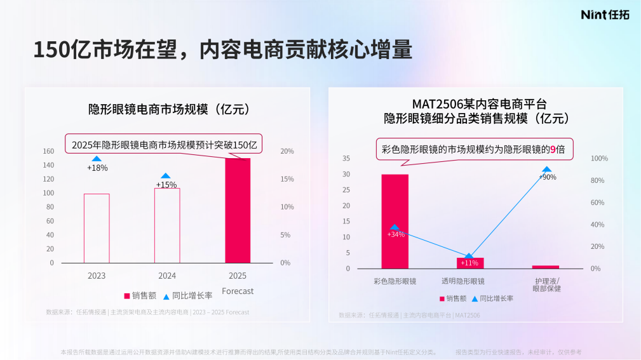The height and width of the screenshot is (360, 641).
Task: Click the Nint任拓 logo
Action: tap(605, 15)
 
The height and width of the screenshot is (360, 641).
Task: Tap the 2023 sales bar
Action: tap(97, 228)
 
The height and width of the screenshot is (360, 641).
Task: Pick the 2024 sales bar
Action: tap(167, 225)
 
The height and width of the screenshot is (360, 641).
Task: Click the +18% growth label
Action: tap(97, 168)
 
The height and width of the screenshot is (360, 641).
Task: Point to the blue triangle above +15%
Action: tap(166, 176)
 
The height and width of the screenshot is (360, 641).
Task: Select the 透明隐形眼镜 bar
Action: tap(470, 263)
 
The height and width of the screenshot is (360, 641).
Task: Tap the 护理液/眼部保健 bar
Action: tap(546, 267)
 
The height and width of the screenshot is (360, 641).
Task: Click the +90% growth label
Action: tap(547, 177)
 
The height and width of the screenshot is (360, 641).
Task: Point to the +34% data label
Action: tap(396, 234)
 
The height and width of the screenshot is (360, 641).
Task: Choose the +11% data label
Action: tap(469, 263)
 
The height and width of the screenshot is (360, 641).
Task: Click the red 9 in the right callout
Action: tap(552, 150)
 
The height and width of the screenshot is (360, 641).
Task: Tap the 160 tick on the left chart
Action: tap(48, 151)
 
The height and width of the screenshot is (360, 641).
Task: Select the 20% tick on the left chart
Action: tap(287, 151)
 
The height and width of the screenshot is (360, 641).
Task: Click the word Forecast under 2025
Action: tap(238, 291)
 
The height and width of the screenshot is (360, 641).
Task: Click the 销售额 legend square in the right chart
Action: tap(442, 298)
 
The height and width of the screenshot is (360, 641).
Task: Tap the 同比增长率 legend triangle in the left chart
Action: tap(166, 296)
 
